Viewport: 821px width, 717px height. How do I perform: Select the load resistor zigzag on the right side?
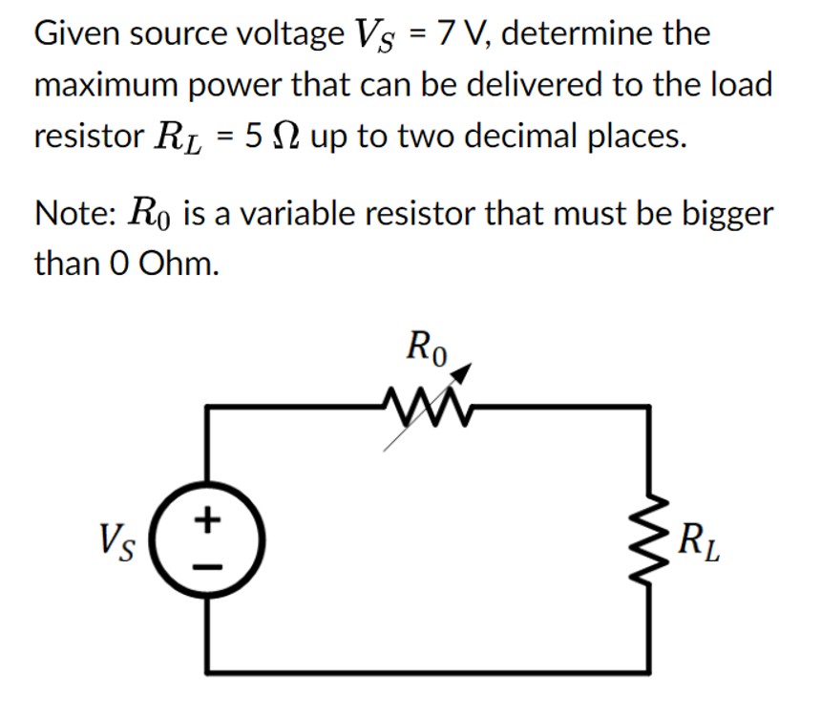(x=650, y=545)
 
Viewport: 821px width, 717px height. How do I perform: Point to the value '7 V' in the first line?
(x=462, y=33)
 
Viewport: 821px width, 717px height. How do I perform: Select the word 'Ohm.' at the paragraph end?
(x=179, y=263)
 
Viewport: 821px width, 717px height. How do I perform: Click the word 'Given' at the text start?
(x=78, y=33)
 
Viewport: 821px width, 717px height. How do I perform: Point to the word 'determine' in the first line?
(x=583, y=33)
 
